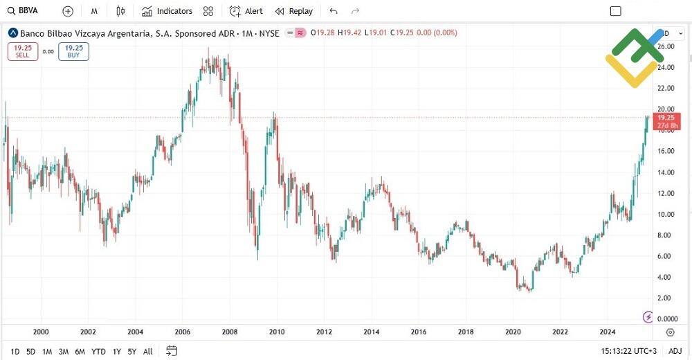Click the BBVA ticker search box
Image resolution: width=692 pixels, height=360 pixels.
point(28,11)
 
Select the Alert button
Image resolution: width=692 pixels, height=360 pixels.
point(246,11)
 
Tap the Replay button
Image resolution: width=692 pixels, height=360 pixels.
point(294,11)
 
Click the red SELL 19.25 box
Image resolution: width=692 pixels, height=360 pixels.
point(23,51)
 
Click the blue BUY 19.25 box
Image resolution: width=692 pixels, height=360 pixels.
point(73,51)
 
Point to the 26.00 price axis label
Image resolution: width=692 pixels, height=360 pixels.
point(666,46)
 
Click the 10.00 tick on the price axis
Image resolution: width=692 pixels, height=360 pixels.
point(666,215)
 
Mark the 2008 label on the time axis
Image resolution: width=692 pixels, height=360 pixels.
point(230,332)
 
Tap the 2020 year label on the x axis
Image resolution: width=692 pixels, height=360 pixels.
point(513,332)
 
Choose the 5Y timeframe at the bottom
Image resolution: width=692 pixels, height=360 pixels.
point(132,351)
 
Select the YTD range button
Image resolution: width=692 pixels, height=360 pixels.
point(98,351)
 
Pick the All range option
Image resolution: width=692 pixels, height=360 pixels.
point(148,351)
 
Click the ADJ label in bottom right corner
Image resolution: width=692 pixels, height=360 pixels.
point(675,351)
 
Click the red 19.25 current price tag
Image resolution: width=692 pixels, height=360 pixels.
point(666,121)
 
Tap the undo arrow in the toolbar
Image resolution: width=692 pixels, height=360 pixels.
point(334,11)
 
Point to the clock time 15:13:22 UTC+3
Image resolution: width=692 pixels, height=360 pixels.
point(628,351)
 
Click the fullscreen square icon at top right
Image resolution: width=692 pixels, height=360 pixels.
point(615,11)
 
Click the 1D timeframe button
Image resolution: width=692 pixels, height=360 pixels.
point(15,351)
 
